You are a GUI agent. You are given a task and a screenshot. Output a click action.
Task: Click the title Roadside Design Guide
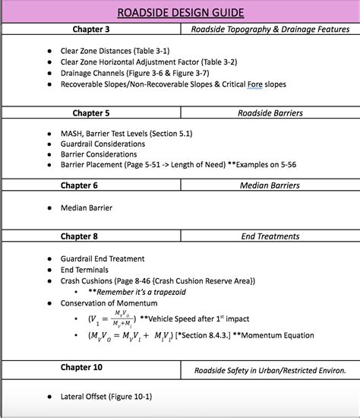click(x=180, y=12)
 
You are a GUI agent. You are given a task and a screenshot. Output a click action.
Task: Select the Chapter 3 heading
click(x=91, y=30)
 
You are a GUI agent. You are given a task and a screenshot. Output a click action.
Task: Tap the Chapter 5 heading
click(x=91, y=113)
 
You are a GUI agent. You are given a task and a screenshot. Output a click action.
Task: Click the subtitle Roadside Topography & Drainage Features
click(x=270, y=30)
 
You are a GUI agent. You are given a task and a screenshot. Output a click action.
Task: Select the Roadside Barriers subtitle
click(x=270, y=113)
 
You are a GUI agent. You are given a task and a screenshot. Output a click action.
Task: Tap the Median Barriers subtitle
click(x=270, y=185)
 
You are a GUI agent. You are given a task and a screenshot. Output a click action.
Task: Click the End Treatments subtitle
click(x=270, y=236)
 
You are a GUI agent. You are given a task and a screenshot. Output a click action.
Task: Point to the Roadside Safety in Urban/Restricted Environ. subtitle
click(x=270, y=371)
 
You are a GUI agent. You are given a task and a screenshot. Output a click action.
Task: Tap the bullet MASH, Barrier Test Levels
click(x=115, y=133)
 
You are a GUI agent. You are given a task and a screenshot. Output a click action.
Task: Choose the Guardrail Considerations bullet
click(x=103, y=144)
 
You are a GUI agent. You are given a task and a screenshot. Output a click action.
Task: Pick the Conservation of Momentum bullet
click(x=109, y=303)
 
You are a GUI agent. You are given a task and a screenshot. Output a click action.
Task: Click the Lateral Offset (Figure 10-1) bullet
click(x=106, y=396)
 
